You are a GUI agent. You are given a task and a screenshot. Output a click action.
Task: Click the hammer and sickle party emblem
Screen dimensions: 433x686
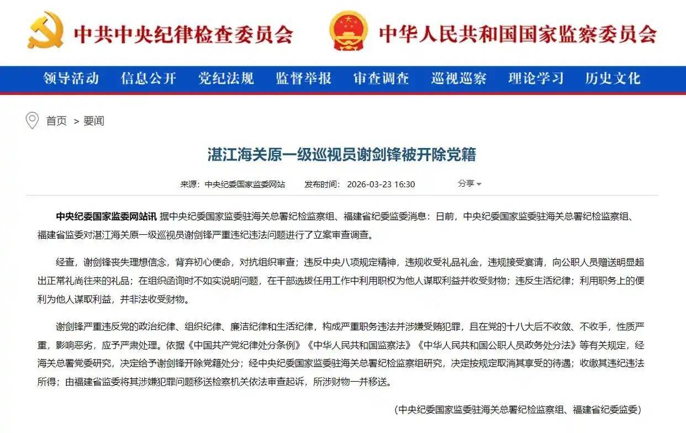pos(45,30)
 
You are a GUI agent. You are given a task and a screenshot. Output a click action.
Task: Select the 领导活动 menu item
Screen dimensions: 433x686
pos(71,78)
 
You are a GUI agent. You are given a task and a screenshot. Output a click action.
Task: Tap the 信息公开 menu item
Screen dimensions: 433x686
pos(149,78)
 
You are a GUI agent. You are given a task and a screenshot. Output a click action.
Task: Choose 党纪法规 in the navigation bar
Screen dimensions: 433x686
pos(226,78)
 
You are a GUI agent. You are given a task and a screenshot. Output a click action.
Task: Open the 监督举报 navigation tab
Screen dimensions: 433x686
pos(303,78)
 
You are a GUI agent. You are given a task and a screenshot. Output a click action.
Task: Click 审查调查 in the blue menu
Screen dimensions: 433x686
pos(381,78)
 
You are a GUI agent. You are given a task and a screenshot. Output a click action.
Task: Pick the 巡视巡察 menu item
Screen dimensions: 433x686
pos(458,78)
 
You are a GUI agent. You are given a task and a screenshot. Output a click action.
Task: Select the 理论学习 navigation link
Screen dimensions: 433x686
pos(536,78)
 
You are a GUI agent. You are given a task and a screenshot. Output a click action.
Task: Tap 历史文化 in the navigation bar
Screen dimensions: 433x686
pos(613,78)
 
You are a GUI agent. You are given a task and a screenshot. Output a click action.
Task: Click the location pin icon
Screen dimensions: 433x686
pos(32,120)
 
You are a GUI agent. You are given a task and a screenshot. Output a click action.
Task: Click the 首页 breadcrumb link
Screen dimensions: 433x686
pos(56,121)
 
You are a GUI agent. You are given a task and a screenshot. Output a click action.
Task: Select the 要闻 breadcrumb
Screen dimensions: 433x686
pos(94,121)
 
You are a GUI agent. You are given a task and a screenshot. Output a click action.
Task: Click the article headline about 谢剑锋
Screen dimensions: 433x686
pos(341,154)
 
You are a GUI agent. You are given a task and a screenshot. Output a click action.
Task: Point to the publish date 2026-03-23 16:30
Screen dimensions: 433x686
pos(381,184)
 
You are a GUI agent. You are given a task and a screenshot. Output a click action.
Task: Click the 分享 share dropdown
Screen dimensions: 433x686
pos(469,183)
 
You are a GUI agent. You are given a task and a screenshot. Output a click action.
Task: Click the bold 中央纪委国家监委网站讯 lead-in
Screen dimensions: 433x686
pos(107,216)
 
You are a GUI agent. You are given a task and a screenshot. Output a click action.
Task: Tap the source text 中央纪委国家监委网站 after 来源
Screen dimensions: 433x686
pos(245,184)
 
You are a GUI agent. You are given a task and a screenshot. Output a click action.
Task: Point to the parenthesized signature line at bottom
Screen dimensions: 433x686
pos(518,409)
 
